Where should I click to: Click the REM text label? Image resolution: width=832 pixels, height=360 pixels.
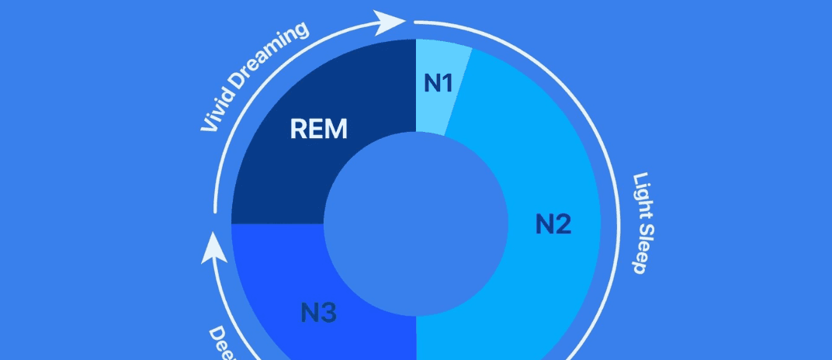(x=318, y=130)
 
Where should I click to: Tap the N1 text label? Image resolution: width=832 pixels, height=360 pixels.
(x=438, y=82)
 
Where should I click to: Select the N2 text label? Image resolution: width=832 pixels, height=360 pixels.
(x=553, y=224)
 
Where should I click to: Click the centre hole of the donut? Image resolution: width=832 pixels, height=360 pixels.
(x=415, y=225)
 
